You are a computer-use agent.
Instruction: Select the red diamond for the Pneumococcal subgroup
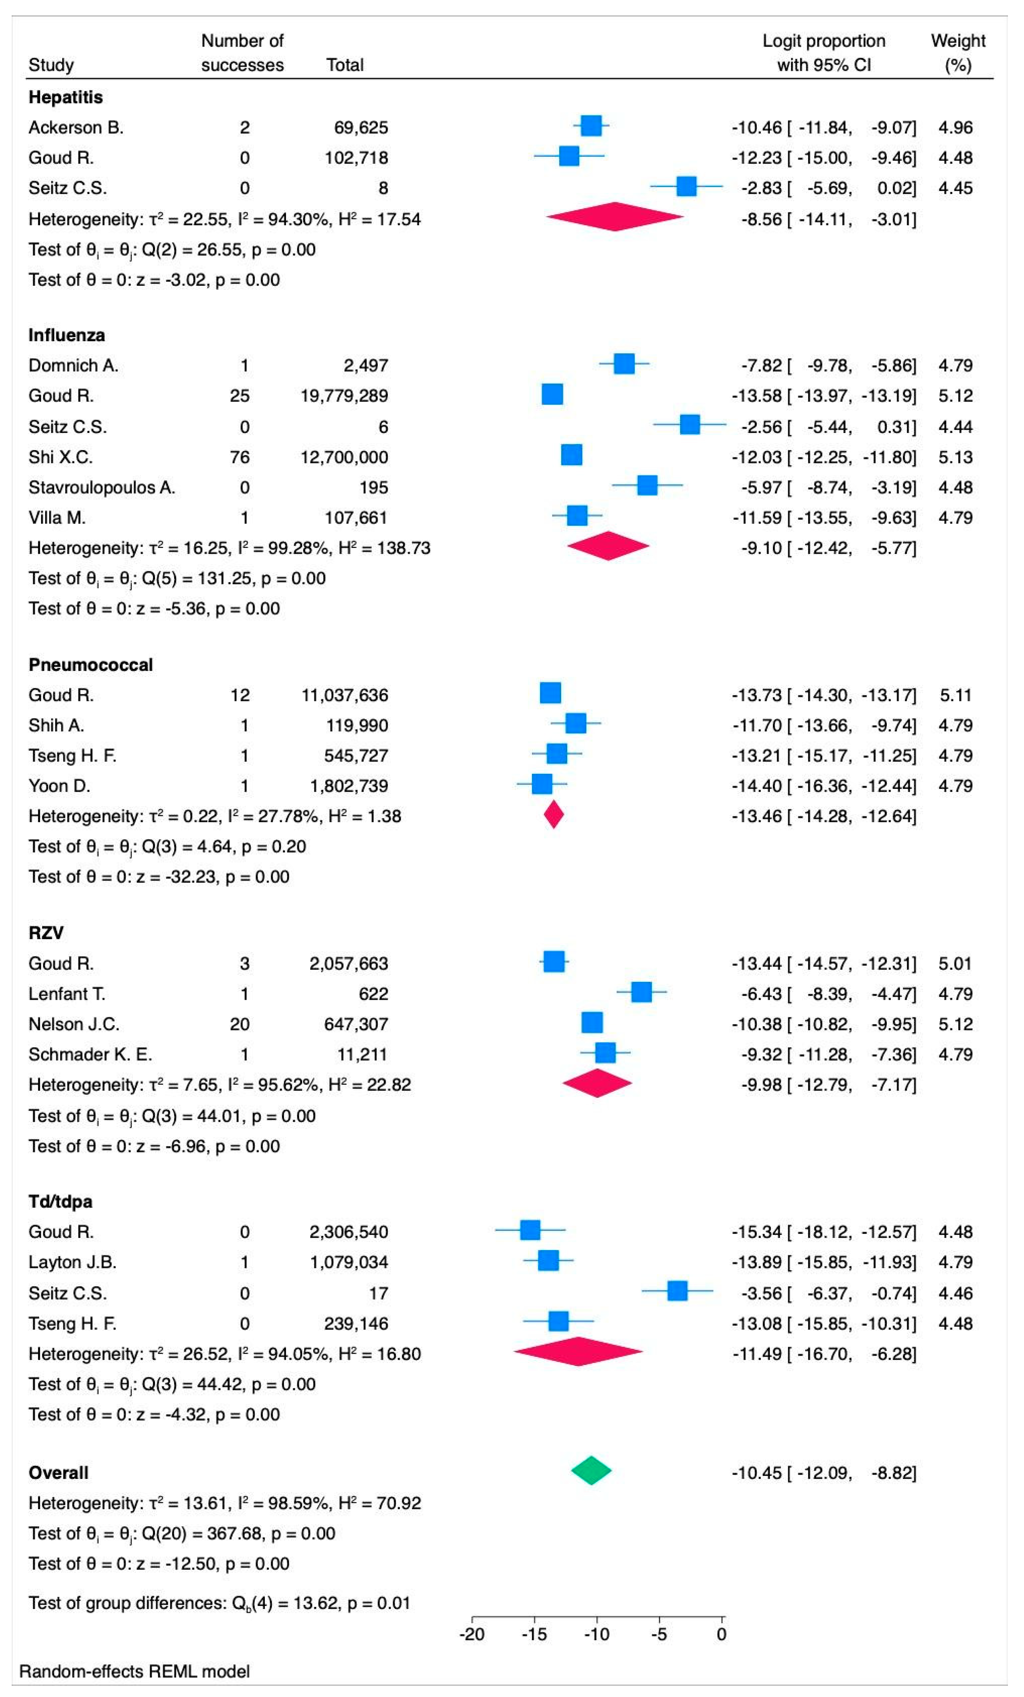point(554,815)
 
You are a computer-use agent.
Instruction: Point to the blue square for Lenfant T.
point(641,993)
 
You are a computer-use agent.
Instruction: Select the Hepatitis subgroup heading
point(65,97)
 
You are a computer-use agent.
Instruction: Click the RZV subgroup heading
point(46,933)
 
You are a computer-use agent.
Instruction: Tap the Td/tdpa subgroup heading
point(61,1202)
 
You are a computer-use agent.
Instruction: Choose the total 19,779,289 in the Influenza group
point(344,396)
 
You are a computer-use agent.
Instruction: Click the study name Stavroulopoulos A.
point(102,488)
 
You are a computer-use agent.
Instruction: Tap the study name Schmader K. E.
point(90,1055)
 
